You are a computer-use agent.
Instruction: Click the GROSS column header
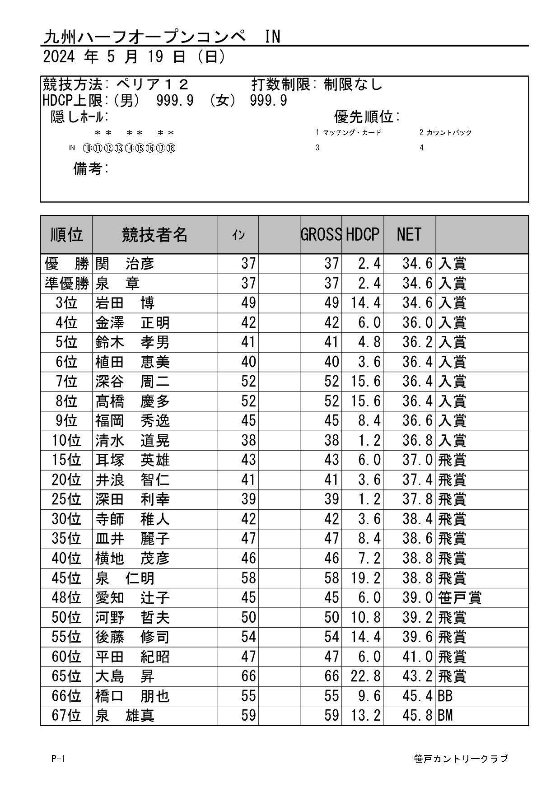[321, 234]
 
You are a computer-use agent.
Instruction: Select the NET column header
[409, 234]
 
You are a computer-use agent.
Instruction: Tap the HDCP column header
[362, 234]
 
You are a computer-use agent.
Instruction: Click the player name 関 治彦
[125, 263]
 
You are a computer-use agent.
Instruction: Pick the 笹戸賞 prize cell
[460, 597]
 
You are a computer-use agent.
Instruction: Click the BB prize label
[445, 696]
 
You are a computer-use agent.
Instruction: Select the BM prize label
[445, 715]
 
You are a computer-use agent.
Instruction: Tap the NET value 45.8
[417, 715]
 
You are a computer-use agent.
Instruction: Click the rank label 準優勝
[67, 283]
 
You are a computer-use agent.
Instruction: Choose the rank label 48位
[66, 597]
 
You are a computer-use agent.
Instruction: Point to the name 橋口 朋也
[132, 696]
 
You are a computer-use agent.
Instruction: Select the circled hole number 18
[171, 148]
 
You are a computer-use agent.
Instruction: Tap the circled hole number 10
[87, 148]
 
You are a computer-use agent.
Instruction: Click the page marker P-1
[58, 759]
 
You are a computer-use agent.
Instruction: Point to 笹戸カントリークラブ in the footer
[461, 759]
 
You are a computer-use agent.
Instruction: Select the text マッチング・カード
[352, 132]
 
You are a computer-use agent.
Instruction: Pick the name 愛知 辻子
[132, 597]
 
